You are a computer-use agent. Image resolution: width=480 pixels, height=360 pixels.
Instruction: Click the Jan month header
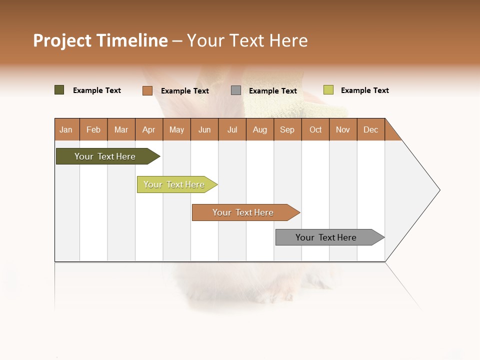(66, 129)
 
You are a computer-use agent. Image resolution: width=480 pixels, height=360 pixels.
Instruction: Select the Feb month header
(93, 129)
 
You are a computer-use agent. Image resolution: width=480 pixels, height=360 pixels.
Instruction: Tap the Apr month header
(148, 129)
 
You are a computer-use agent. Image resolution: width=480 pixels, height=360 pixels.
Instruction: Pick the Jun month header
(204, 129)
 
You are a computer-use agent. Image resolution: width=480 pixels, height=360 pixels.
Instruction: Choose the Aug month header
(259, 129)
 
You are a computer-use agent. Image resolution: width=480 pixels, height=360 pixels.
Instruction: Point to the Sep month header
(287, 129)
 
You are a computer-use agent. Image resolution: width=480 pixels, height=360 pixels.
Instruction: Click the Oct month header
(315, 129)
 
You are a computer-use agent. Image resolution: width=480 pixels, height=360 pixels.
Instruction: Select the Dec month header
(370, 129)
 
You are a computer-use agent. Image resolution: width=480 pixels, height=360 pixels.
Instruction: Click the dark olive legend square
(59, 90)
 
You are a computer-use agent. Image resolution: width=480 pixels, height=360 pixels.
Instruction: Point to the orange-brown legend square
(147, 90)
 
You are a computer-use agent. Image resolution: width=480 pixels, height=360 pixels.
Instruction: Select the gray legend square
(236, 90)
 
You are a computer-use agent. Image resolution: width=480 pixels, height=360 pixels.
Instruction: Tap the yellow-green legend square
(328, 90)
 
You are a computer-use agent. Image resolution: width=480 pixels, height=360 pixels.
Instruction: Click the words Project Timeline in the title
(100, 40)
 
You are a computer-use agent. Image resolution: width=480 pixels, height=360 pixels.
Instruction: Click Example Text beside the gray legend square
(272, 91)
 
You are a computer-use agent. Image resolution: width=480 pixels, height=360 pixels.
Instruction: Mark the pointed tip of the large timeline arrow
(438, 190)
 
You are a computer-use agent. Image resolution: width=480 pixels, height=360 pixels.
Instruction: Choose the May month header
(176, 129)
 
